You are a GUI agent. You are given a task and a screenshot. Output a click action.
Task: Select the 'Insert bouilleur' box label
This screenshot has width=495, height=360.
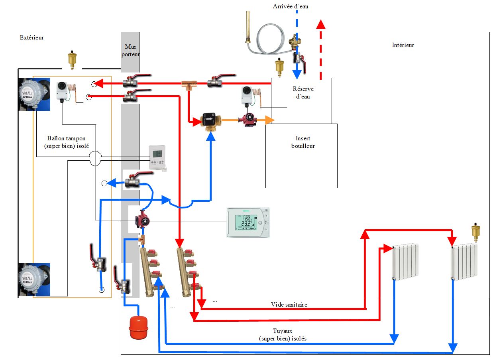(303, 142)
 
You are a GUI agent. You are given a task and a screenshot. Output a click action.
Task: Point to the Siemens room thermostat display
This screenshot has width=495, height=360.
(248, 222)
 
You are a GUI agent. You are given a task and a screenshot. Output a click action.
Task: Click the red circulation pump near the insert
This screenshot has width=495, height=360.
(247, 120)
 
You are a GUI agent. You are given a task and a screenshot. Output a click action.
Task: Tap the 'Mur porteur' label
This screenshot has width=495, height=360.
(130, 50)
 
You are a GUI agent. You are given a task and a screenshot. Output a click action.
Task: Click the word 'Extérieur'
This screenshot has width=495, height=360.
(31, 37)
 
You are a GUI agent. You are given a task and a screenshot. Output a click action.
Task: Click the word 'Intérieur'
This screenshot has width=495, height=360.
(403, 45)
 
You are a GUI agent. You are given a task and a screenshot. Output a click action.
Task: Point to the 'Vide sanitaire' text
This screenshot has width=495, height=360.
(289, 305)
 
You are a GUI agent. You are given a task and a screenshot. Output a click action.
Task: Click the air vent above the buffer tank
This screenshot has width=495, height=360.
(72, 59)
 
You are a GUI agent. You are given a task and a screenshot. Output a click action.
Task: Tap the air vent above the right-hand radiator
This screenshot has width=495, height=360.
(475, 232)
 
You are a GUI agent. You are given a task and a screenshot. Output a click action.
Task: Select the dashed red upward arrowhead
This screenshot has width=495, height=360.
(321, 24)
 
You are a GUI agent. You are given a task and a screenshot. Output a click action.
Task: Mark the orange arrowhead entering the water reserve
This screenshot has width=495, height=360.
(271, 120)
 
